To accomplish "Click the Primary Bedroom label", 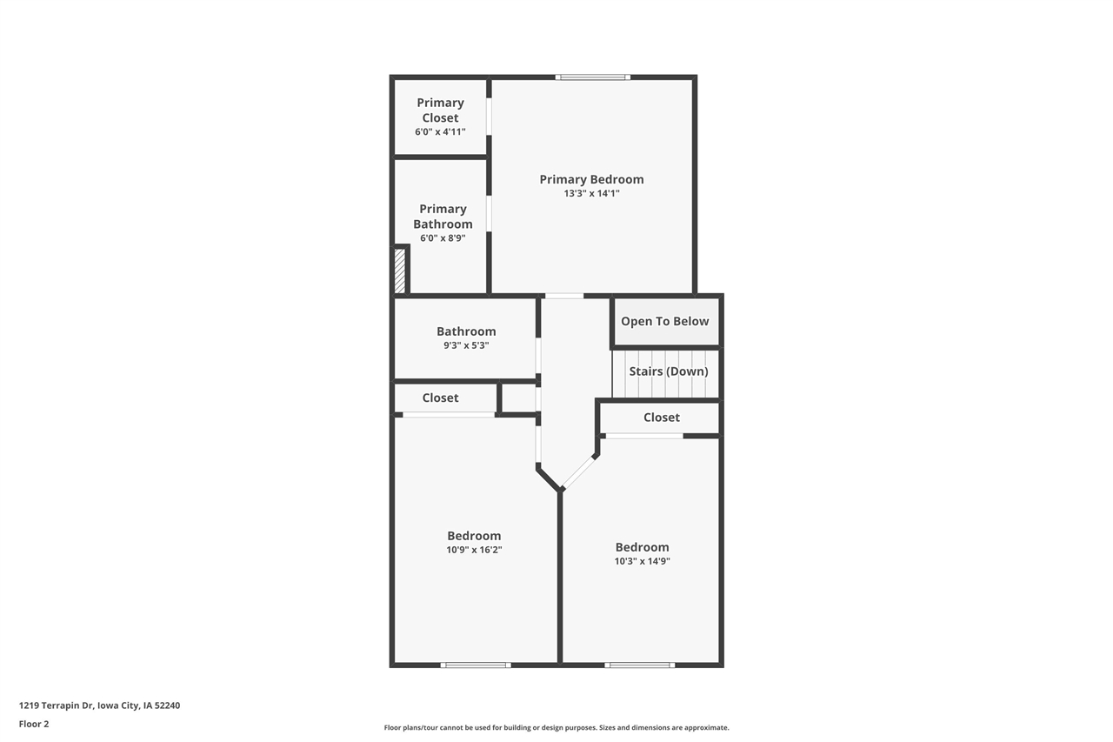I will tap(591, 179).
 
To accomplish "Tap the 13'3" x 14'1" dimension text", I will tap(591, 194).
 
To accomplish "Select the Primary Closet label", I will tap(440, 110).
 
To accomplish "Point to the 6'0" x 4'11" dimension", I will tap(440, 132).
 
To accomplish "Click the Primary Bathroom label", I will tap(443, 217).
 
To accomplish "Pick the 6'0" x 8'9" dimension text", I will tap(443, 238).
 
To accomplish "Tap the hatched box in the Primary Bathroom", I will tap(400, 271).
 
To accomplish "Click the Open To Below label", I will tap(664, 321).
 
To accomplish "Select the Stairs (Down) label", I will tap(668, 371).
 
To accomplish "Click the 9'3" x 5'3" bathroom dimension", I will tap(466, 345).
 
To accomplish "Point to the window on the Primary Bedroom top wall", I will tap(593, 77).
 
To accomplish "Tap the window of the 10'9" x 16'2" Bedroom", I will tap(475, 665).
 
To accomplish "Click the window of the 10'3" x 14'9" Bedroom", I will tap(639, 665).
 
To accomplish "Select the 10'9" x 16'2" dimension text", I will tap(474, 550).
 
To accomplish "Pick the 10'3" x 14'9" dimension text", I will tap(642, 561).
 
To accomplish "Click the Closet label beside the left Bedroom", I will tap(440, 398).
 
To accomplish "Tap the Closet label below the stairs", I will tap(662, 418).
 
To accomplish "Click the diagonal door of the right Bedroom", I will tap(579, 471).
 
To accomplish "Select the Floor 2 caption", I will tap(34, 724).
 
